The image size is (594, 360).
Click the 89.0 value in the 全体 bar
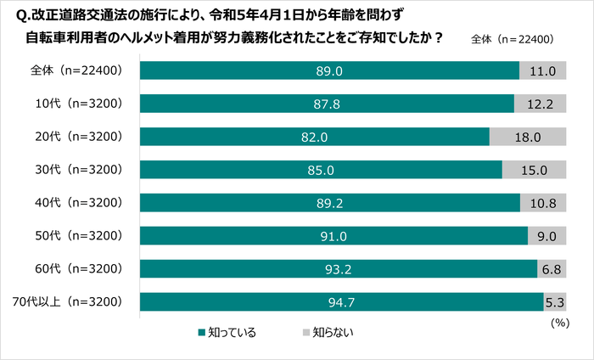tap(328, 70)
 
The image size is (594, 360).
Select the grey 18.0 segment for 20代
tap(528, 137)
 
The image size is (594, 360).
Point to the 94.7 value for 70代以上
tap(340, 302)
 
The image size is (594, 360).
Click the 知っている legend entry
tap(227, 332)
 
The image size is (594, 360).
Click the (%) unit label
tap(559, 323)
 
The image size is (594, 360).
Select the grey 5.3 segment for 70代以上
tap(555, 302)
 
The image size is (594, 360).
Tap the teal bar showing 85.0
tap(320, 170)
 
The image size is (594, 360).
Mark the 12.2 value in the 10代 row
tap(541, 104)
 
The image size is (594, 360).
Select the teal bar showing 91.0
tap(333, 236)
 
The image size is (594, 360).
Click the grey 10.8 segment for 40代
tap(543, 203)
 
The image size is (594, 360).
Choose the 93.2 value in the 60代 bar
tap(338, 269)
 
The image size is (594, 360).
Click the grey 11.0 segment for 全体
tap(542, 70)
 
